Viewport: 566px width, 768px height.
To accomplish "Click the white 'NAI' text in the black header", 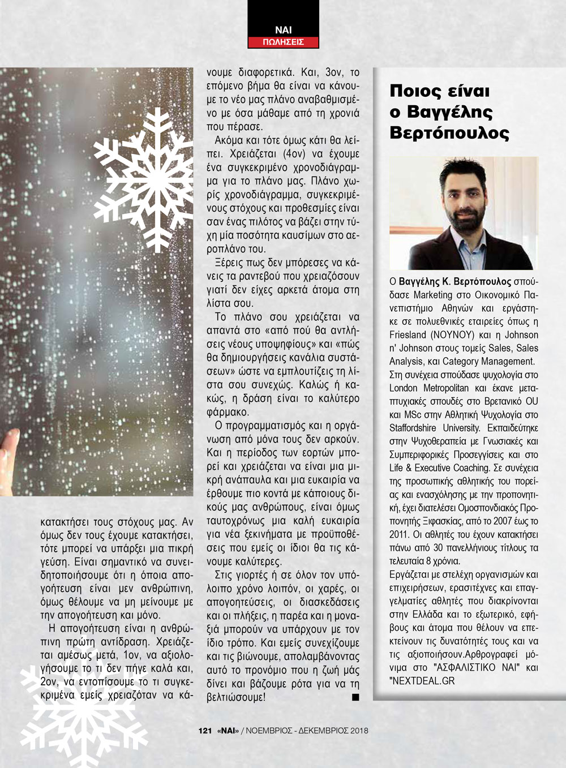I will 284,29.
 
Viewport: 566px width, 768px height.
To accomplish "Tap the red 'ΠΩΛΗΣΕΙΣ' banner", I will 284,42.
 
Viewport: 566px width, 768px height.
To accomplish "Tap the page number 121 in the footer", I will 205,731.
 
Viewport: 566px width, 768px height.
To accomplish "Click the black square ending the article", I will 355,697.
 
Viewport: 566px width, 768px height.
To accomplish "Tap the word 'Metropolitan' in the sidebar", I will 447,388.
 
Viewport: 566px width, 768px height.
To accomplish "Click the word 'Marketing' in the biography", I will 433,295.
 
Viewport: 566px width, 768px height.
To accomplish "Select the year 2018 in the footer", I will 359,731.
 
